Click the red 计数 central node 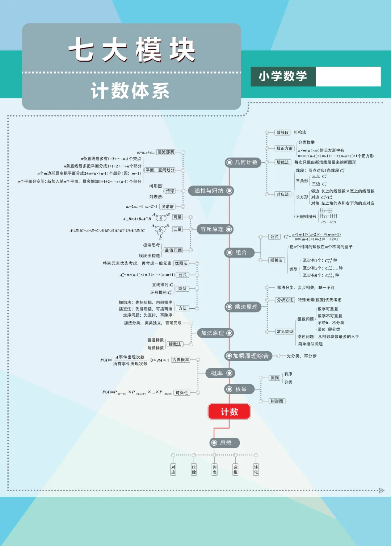229,412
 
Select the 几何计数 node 243,162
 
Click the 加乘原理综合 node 248,356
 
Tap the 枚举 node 239,389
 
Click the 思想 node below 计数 224,443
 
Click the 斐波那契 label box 166,152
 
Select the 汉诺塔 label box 168,207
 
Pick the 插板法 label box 276,260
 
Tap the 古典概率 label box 181,360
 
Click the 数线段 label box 282,133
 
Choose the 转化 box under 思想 256,470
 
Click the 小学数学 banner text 283,76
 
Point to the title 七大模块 132,50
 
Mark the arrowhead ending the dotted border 381,491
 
